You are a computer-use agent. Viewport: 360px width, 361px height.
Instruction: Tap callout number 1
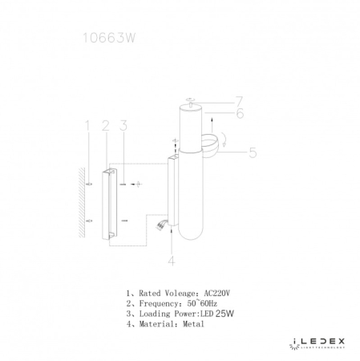[87, 125]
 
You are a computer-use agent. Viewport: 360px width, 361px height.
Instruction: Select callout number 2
[105, 125]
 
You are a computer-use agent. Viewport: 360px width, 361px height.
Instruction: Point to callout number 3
[123, 125]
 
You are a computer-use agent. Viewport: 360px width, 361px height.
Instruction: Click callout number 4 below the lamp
[171, 259]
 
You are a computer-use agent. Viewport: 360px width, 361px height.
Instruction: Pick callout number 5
[253, 150]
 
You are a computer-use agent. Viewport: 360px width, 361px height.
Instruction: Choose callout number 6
[239, 114]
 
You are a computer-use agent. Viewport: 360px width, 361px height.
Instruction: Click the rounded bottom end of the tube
[190, 237]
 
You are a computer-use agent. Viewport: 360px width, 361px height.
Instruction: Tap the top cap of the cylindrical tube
[190, 105]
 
